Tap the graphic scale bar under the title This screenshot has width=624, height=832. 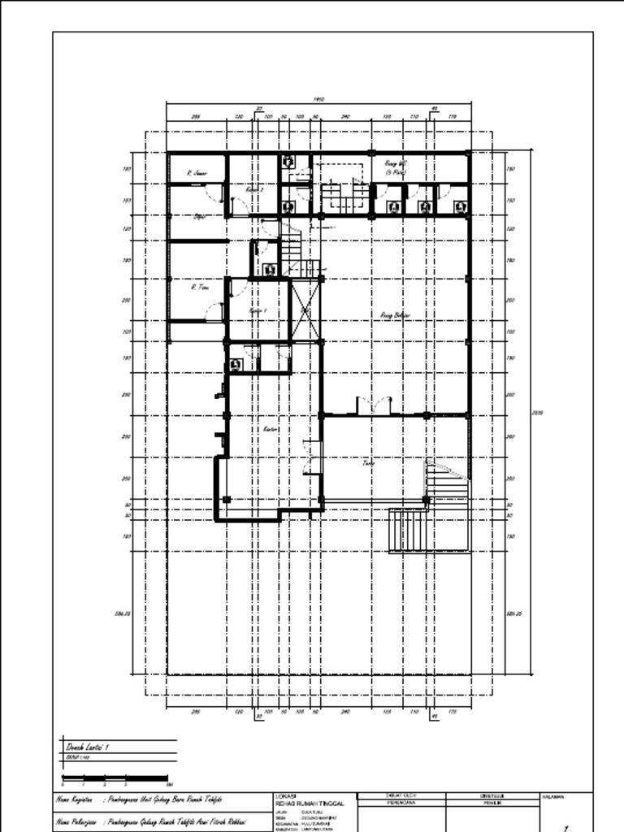[x=115, y=778]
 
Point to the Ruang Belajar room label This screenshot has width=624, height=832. [x=396, y=314]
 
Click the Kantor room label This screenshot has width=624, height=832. [x=271, y=429]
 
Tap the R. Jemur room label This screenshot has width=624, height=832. [x=197, y=173]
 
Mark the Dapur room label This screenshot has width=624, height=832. [x=199, y=216]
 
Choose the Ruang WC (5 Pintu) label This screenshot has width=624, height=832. [x=396, y=167]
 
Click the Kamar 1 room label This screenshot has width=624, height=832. [x=258, y=311]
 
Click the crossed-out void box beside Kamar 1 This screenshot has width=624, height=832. [x=306, y=310]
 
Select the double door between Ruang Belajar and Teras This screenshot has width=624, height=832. [x=375, y=405]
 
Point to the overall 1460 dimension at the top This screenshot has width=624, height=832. [x=318, y=99]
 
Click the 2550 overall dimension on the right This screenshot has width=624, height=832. [x=536, y=413]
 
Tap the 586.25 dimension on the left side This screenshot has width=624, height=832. [x=123, y=613]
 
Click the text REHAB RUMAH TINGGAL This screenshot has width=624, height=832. [x=310, y=803]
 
